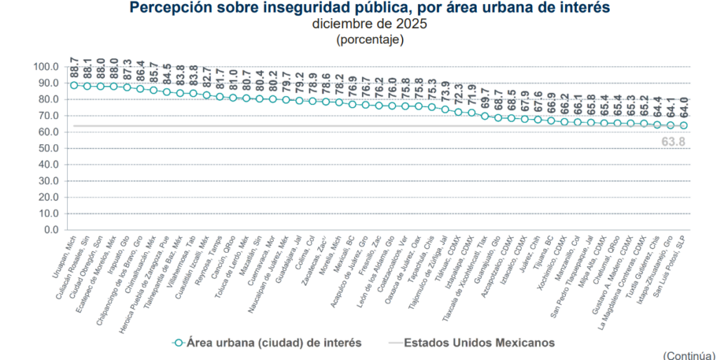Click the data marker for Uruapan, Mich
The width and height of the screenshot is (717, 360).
[74, 85]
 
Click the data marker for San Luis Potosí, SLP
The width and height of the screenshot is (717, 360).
[684, 125]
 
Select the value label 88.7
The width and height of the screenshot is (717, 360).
[74, 68]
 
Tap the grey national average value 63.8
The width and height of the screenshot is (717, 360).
[673, 141]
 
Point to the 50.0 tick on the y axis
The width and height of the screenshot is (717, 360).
[47, 148]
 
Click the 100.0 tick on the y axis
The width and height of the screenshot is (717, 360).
[46, 67]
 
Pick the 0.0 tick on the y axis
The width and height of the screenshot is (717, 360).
[50, 230]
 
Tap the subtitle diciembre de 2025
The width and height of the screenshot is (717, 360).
[369, 24]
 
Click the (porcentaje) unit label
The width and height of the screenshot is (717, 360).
[370, 39]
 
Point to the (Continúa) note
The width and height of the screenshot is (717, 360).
[689, 355]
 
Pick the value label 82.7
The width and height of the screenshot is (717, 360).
[207, 78]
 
